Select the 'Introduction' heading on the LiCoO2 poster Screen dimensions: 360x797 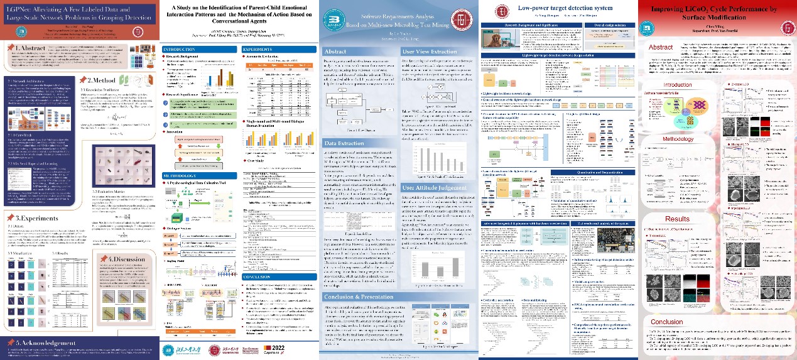click(x=678, y=85)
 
